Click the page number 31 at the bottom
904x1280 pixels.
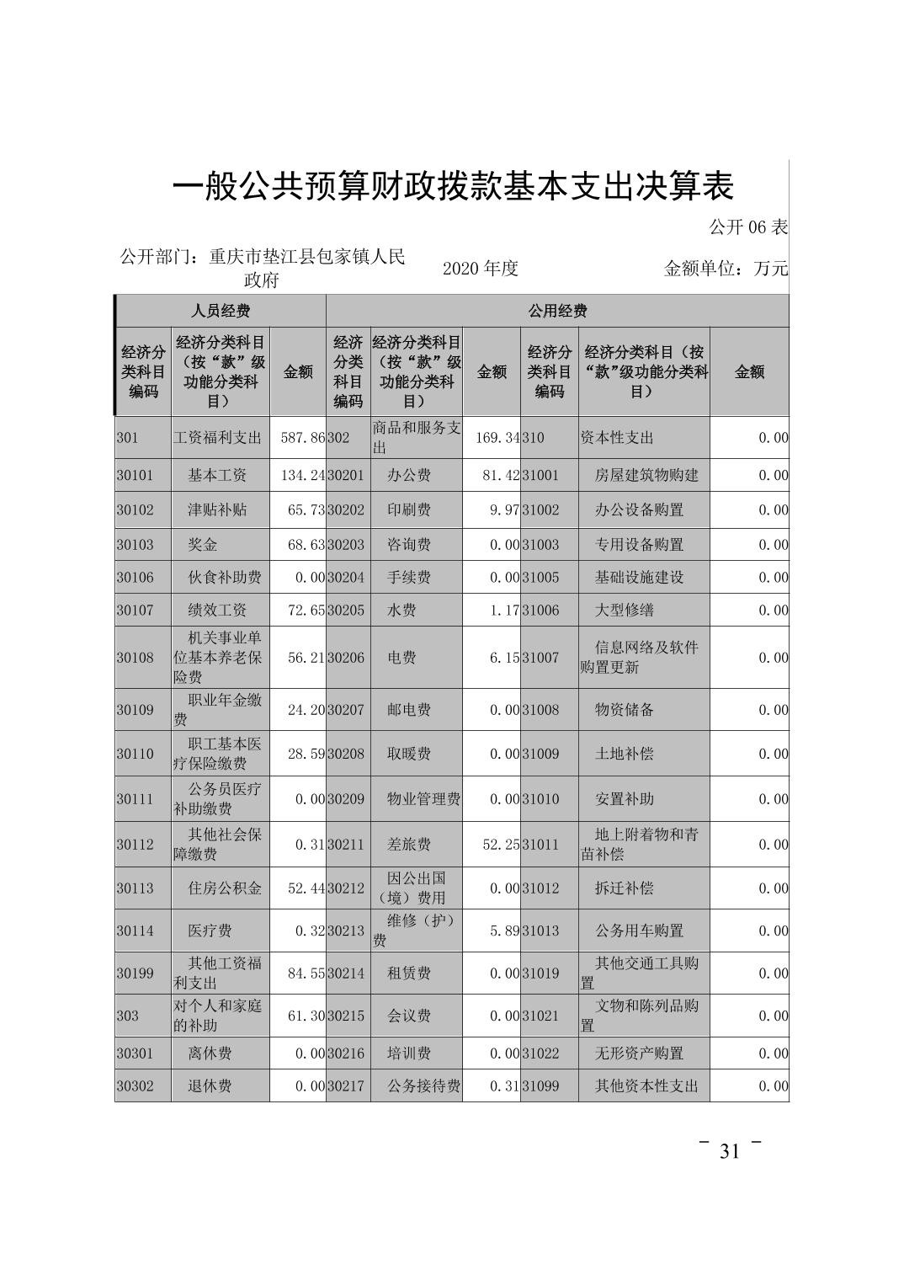point(729,1151)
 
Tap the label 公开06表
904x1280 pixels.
point(747,227)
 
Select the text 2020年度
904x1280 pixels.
point(480,269)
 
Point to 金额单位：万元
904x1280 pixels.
point(726,269)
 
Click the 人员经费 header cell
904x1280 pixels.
point(221,311)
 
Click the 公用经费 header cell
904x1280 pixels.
point(557,311)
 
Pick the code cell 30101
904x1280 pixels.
point(136,475)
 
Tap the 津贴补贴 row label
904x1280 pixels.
point(216,510)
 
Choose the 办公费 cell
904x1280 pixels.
point(408,475)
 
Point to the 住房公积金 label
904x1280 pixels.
point(224,888)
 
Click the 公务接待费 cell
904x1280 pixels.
point(423,1086)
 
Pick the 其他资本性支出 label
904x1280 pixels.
point(646,1086)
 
